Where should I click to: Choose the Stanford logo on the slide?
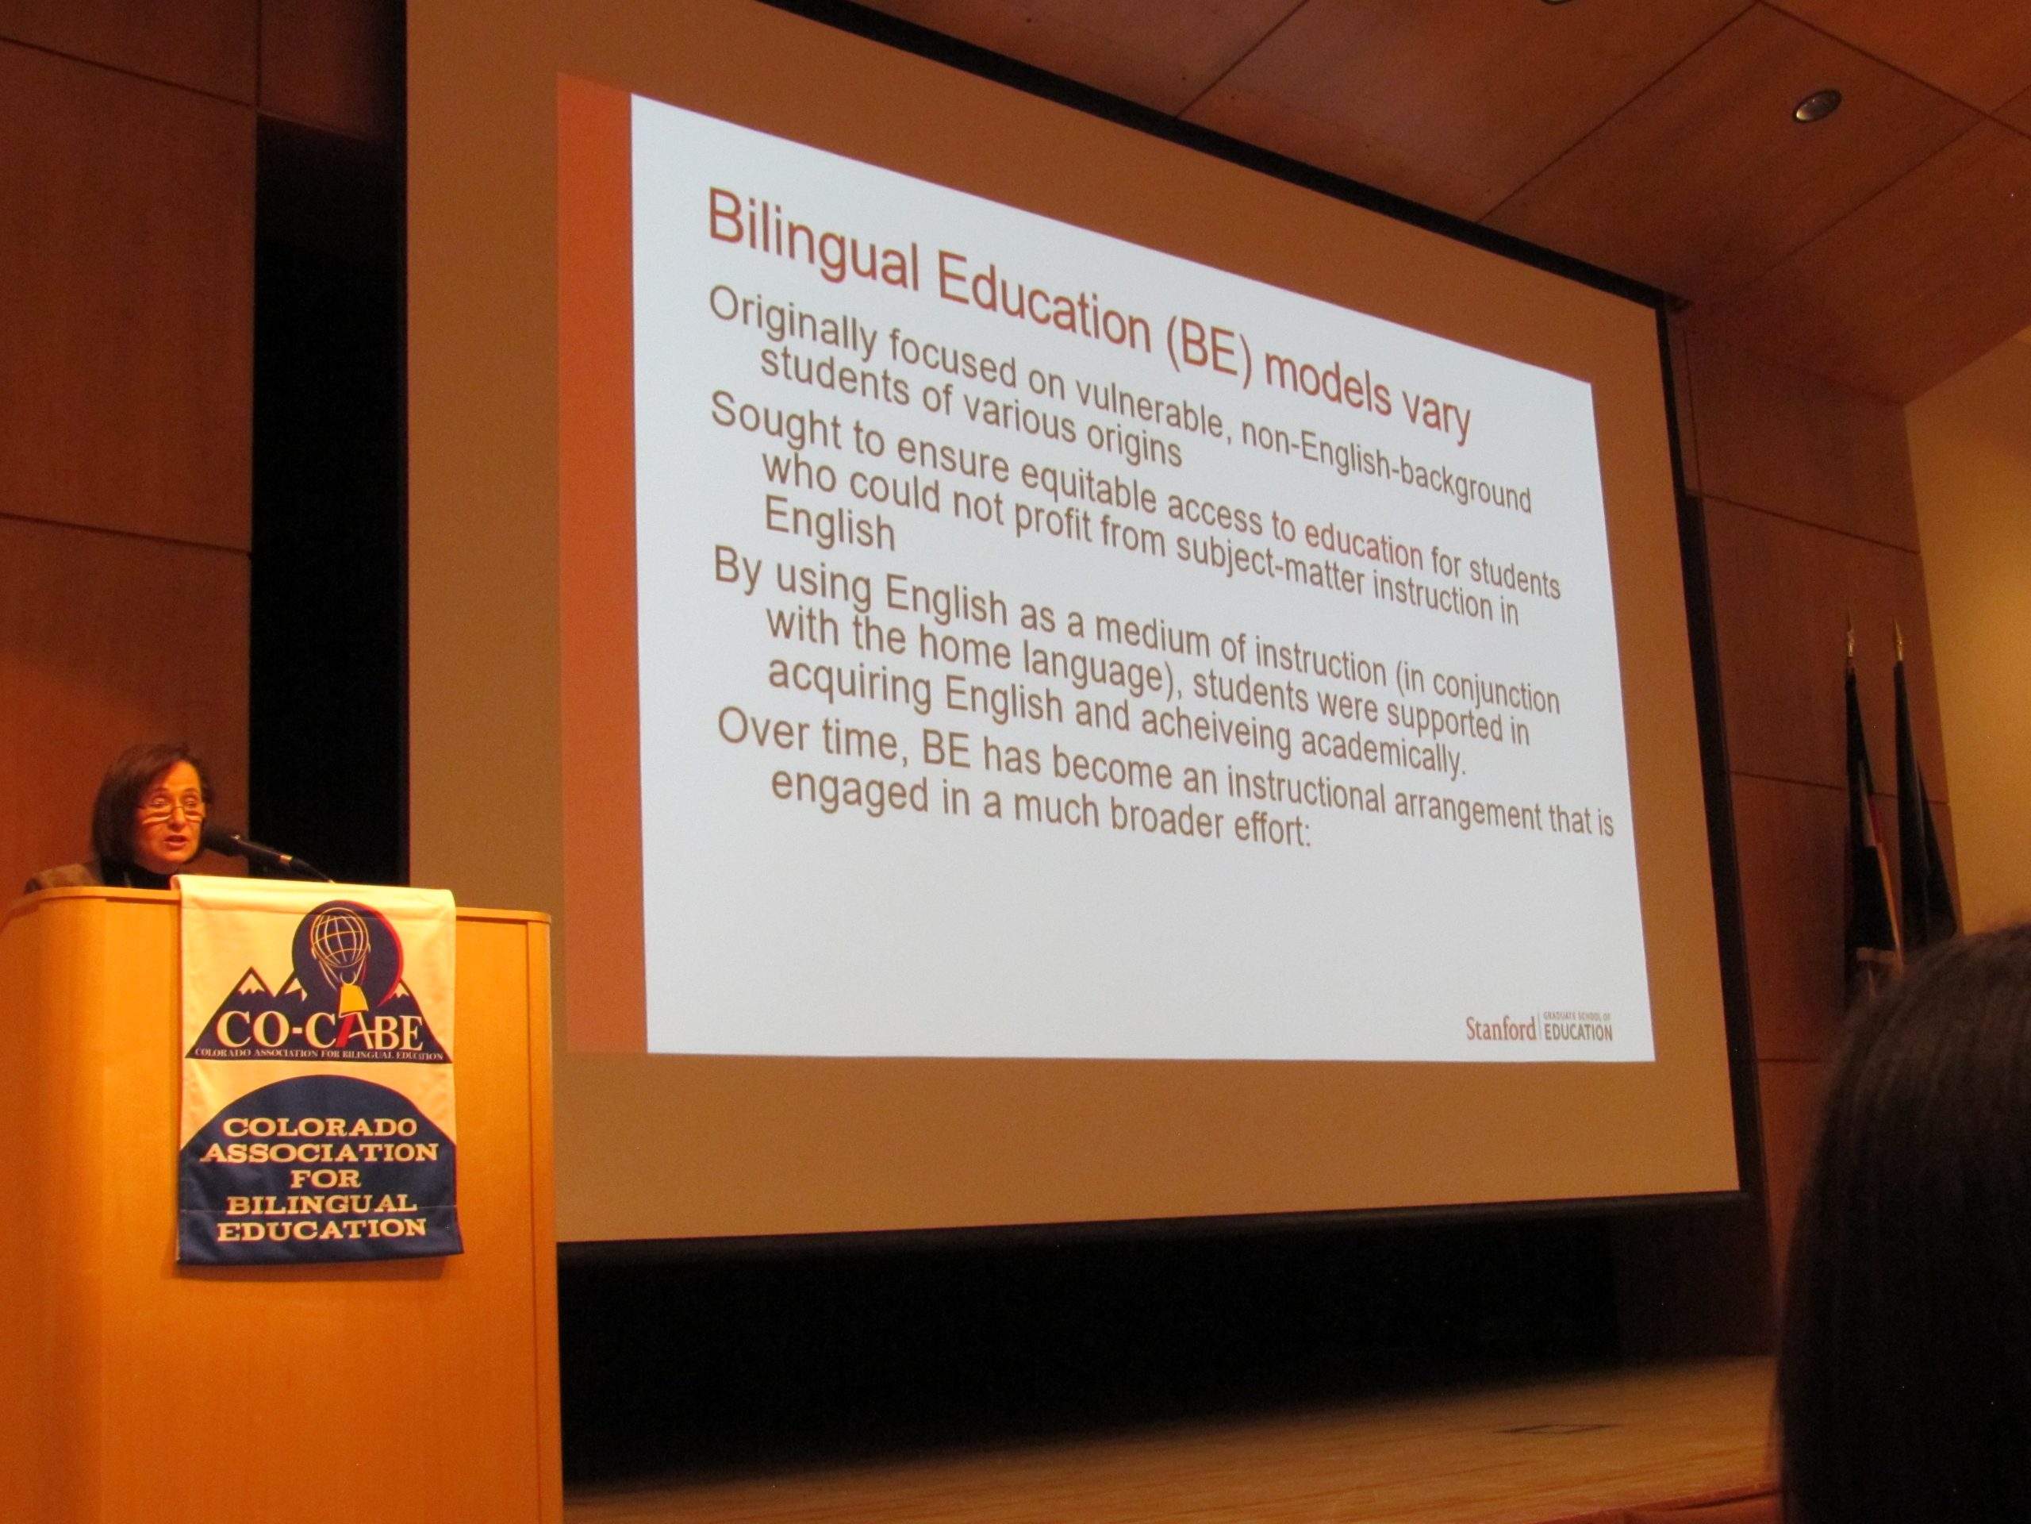(1538, 1029)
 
